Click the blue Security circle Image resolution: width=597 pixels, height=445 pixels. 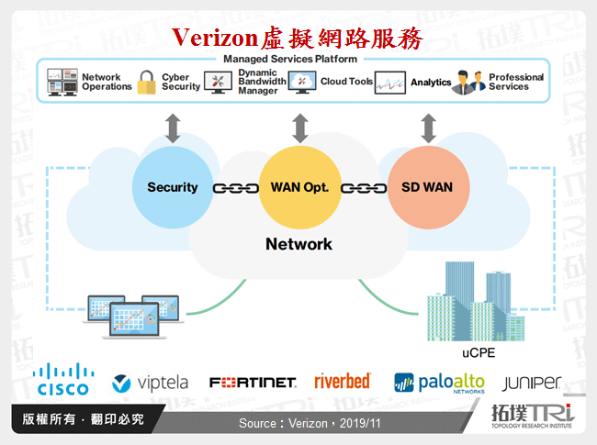pyautogui.click(x=172, y=187)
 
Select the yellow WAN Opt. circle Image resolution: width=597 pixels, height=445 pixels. pyautogui.click(x=298, y=187)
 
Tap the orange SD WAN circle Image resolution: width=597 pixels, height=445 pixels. pyautogui.click(x=426, y=187)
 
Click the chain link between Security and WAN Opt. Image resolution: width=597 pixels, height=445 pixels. pyautogui.click(x=235, y=188)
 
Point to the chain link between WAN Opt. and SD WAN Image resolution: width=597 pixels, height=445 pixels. pyautogui.click(x=362, y=188)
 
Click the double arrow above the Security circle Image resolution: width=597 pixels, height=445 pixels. pyautogui.click(x=173, y=128)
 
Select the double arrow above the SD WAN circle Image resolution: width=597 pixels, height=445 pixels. pyautogui.click(x=426, y=128)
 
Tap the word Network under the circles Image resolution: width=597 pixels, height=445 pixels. pyautogui.click(x=298, y=244)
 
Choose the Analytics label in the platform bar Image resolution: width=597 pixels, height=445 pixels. pyautogui.click(x=431, y=83)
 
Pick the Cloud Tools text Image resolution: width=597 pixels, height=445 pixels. pyautogui.click(x=346, y=82)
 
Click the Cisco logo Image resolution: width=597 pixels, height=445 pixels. pyautogui.click(x=63, y=379)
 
